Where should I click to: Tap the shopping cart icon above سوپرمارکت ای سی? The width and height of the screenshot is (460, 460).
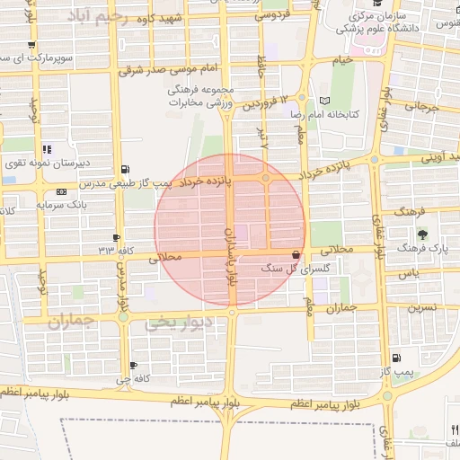coord(31,45)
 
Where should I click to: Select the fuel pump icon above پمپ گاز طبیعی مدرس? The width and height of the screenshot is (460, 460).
coord(124,169)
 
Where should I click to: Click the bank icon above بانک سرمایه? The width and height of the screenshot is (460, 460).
coord(60,191)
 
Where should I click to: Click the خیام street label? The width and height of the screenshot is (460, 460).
coord(341,60)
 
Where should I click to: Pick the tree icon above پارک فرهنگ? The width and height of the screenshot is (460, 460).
coord(421,233)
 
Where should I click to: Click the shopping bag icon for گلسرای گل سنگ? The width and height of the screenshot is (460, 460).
coord(296,255)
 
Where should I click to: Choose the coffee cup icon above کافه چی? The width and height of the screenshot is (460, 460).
coord(133,365)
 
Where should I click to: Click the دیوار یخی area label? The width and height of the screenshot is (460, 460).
coord(181,322)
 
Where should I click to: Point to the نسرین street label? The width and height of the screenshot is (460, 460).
coord(423,306)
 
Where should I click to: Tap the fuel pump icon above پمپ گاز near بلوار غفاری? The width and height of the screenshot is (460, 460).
coord(398,358)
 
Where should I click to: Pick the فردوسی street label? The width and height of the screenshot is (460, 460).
coord(271,15)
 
